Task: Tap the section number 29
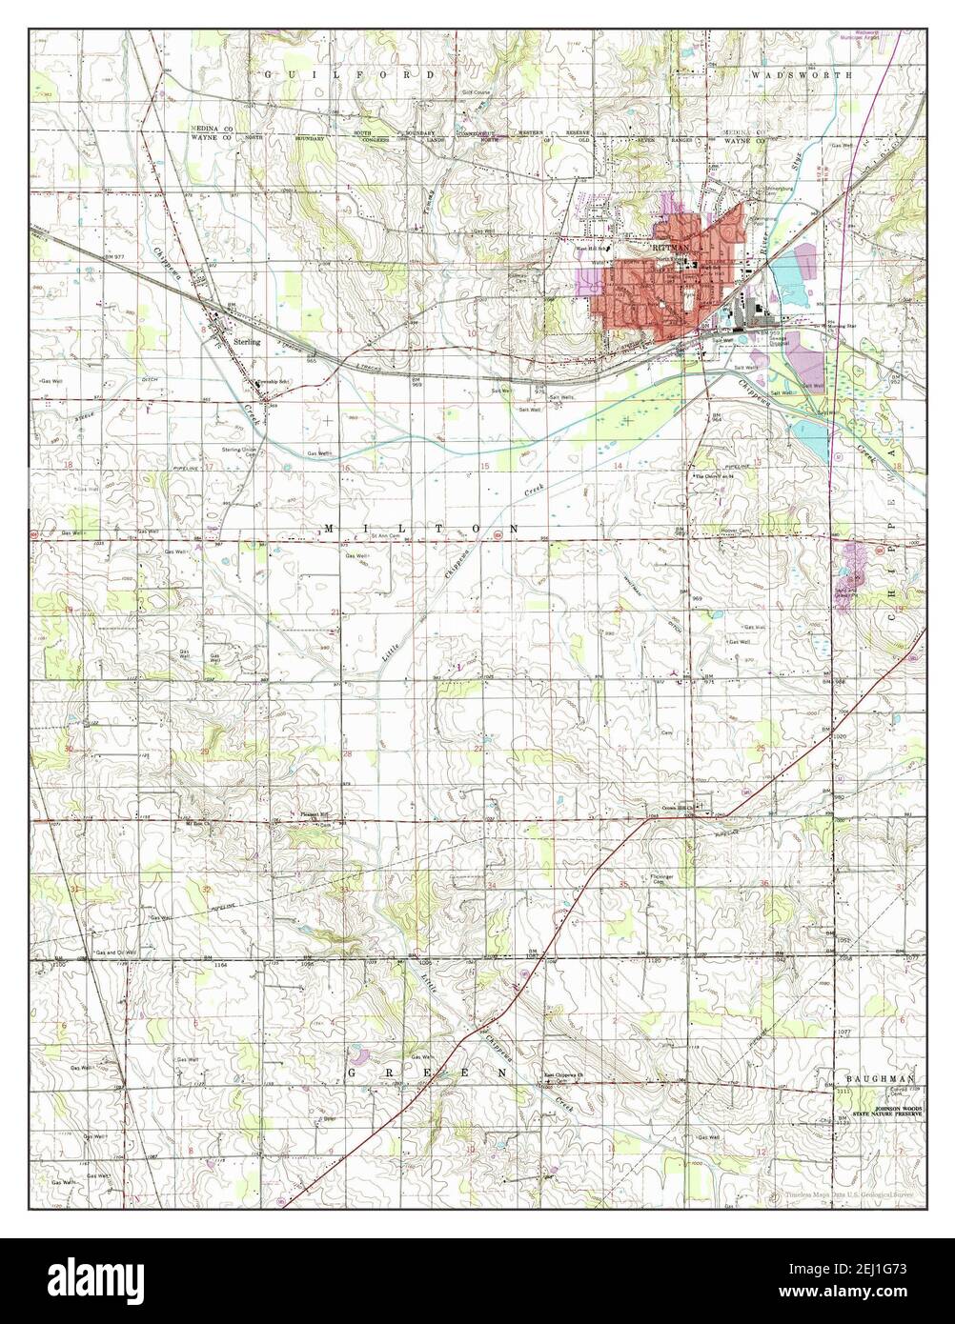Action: coord(206,752)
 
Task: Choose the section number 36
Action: coord(764,884)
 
